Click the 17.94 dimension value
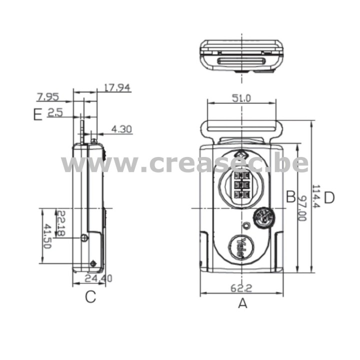click(x=117, y=87)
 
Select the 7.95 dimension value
click(x=48, y=97)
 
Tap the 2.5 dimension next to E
click(x=55, y=112)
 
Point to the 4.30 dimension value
click(x=121, y=129)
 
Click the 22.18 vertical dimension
click(x=60, y=223)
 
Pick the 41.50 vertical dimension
click(x=47, y=236)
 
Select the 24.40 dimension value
click(x=98, y=278)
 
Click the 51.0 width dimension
click(x=241, y=98)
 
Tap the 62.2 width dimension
click(x=241, y=288)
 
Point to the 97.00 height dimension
click(x=302, y=208)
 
